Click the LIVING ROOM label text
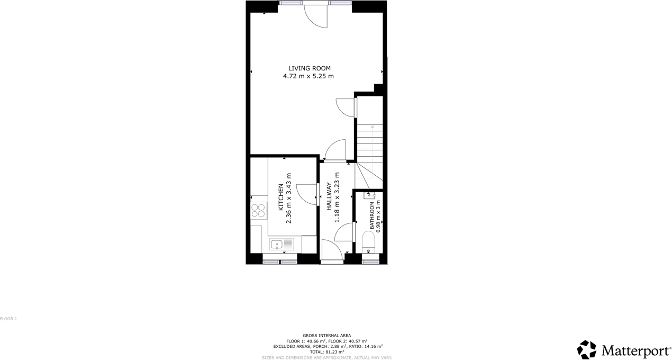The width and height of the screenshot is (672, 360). click(x=309, y=68)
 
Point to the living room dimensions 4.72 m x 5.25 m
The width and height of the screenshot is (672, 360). click(x=308, y=76)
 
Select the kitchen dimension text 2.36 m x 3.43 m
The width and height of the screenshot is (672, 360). click(x=289, y=197)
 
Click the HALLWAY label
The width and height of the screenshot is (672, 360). click(x=329, y=197)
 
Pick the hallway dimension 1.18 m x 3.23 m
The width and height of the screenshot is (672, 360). click(x=337, y=197)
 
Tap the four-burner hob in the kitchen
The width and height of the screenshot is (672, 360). click(x=258, y=211)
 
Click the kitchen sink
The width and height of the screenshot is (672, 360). click(x=281, y=244)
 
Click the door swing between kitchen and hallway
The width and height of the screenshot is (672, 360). click(x=307, y=194)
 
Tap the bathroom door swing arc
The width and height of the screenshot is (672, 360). click(x=344, y=232)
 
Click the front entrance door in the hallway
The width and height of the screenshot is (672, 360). click(x=331, y=251)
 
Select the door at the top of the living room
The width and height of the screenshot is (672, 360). click(x=316, y=16)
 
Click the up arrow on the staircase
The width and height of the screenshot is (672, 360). click(x=373, y=127)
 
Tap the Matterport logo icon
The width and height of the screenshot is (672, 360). click(x=586, y=350)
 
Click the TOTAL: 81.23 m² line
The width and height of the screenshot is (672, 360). click(x=326, y=352)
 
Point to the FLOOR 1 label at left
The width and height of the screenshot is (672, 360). click(x=8, y=319)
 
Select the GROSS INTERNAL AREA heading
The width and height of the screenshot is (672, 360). click(x=326, y=336)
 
